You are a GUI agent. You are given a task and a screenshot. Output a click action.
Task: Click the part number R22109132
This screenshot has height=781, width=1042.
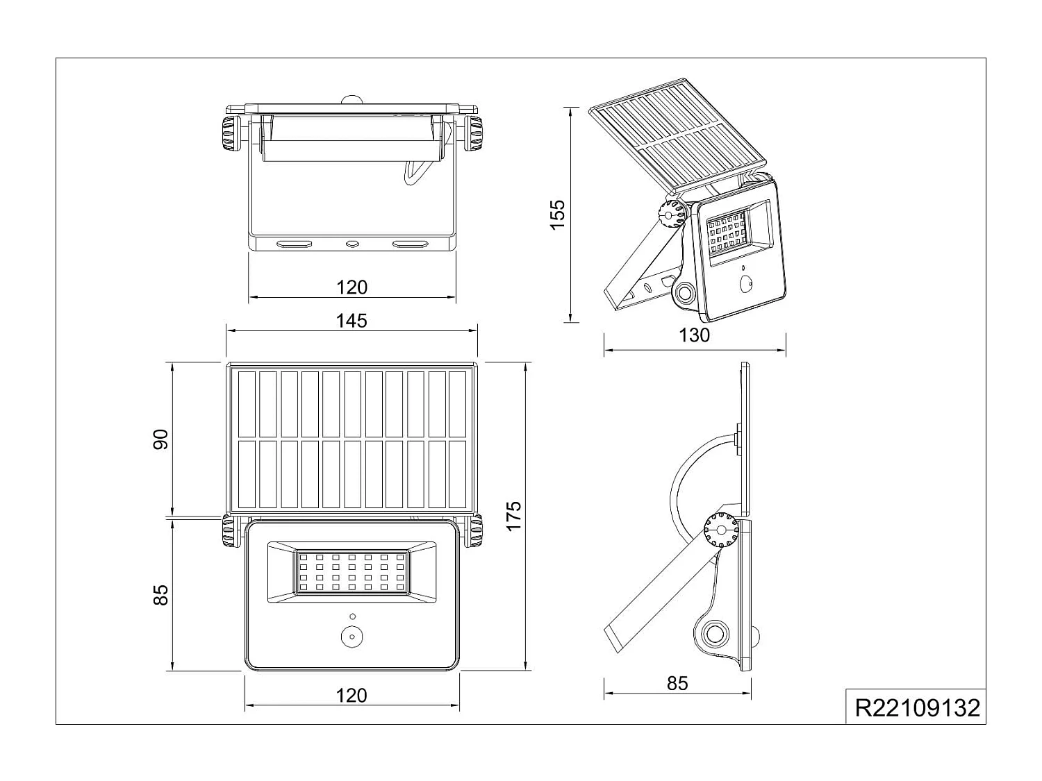point(917,708)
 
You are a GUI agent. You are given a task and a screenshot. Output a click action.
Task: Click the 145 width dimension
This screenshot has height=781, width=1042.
point(352,321)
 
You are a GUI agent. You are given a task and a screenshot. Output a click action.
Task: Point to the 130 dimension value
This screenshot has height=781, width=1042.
point(695,335)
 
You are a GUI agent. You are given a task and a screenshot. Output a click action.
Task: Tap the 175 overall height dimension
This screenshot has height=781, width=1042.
point(513,516)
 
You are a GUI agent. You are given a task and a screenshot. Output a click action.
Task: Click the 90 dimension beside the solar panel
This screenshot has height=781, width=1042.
point(160,439)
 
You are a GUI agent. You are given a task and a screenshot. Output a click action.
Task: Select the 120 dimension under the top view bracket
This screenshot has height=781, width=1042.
point(352,287)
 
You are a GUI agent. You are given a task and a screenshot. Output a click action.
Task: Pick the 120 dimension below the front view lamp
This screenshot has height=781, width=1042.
point(352,696)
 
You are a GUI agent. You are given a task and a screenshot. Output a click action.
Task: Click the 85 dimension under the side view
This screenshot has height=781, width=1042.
point(677,683)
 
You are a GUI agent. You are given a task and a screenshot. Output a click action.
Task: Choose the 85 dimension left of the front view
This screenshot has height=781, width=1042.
point(160,595)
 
